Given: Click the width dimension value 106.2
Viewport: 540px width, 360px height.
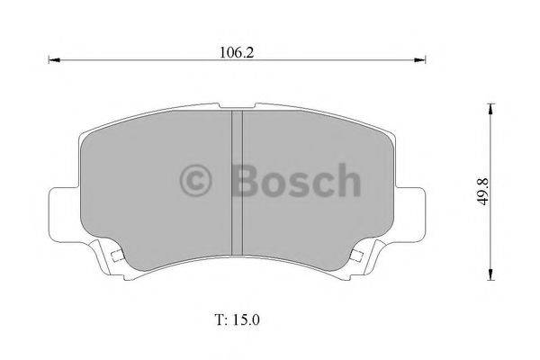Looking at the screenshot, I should click(x=236, y=52).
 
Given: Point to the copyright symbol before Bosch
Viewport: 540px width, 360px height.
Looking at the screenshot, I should click(x=198, y=180).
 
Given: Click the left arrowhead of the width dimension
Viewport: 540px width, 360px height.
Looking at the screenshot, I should click(x=50, y=61).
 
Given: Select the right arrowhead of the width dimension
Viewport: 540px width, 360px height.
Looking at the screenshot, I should click(x=421, y=61).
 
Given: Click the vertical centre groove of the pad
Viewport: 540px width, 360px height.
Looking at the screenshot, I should click(x=238, y=180).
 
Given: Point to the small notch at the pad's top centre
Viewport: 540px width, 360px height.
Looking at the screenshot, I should click(x=238, y=112).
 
